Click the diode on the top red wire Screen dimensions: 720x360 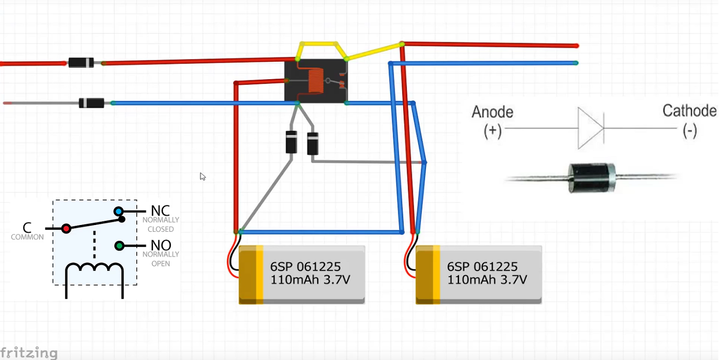[81, 63]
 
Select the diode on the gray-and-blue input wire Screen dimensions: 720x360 [92, 103]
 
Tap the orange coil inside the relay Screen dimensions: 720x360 [315, 81]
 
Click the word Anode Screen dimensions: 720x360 [492, 112]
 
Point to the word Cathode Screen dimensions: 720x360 [689, 111]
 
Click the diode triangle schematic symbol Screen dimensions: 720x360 [591, 128]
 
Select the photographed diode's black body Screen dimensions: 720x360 [592, 178]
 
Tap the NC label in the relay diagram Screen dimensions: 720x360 [160, 211]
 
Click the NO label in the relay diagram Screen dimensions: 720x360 [161, 246]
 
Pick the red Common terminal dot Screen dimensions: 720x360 [66, 229]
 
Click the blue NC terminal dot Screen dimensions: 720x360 [119, 211]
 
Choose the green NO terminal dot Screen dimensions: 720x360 [119, 246]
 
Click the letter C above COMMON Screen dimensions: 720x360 [27, 228]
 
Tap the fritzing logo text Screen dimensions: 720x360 [29, 353]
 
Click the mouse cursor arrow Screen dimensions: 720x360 [202, 176]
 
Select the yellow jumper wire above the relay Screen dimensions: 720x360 [322, 50]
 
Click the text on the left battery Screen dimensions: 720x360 [310, 273]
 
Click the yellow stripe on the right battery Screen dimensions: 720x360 [436, 274]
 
